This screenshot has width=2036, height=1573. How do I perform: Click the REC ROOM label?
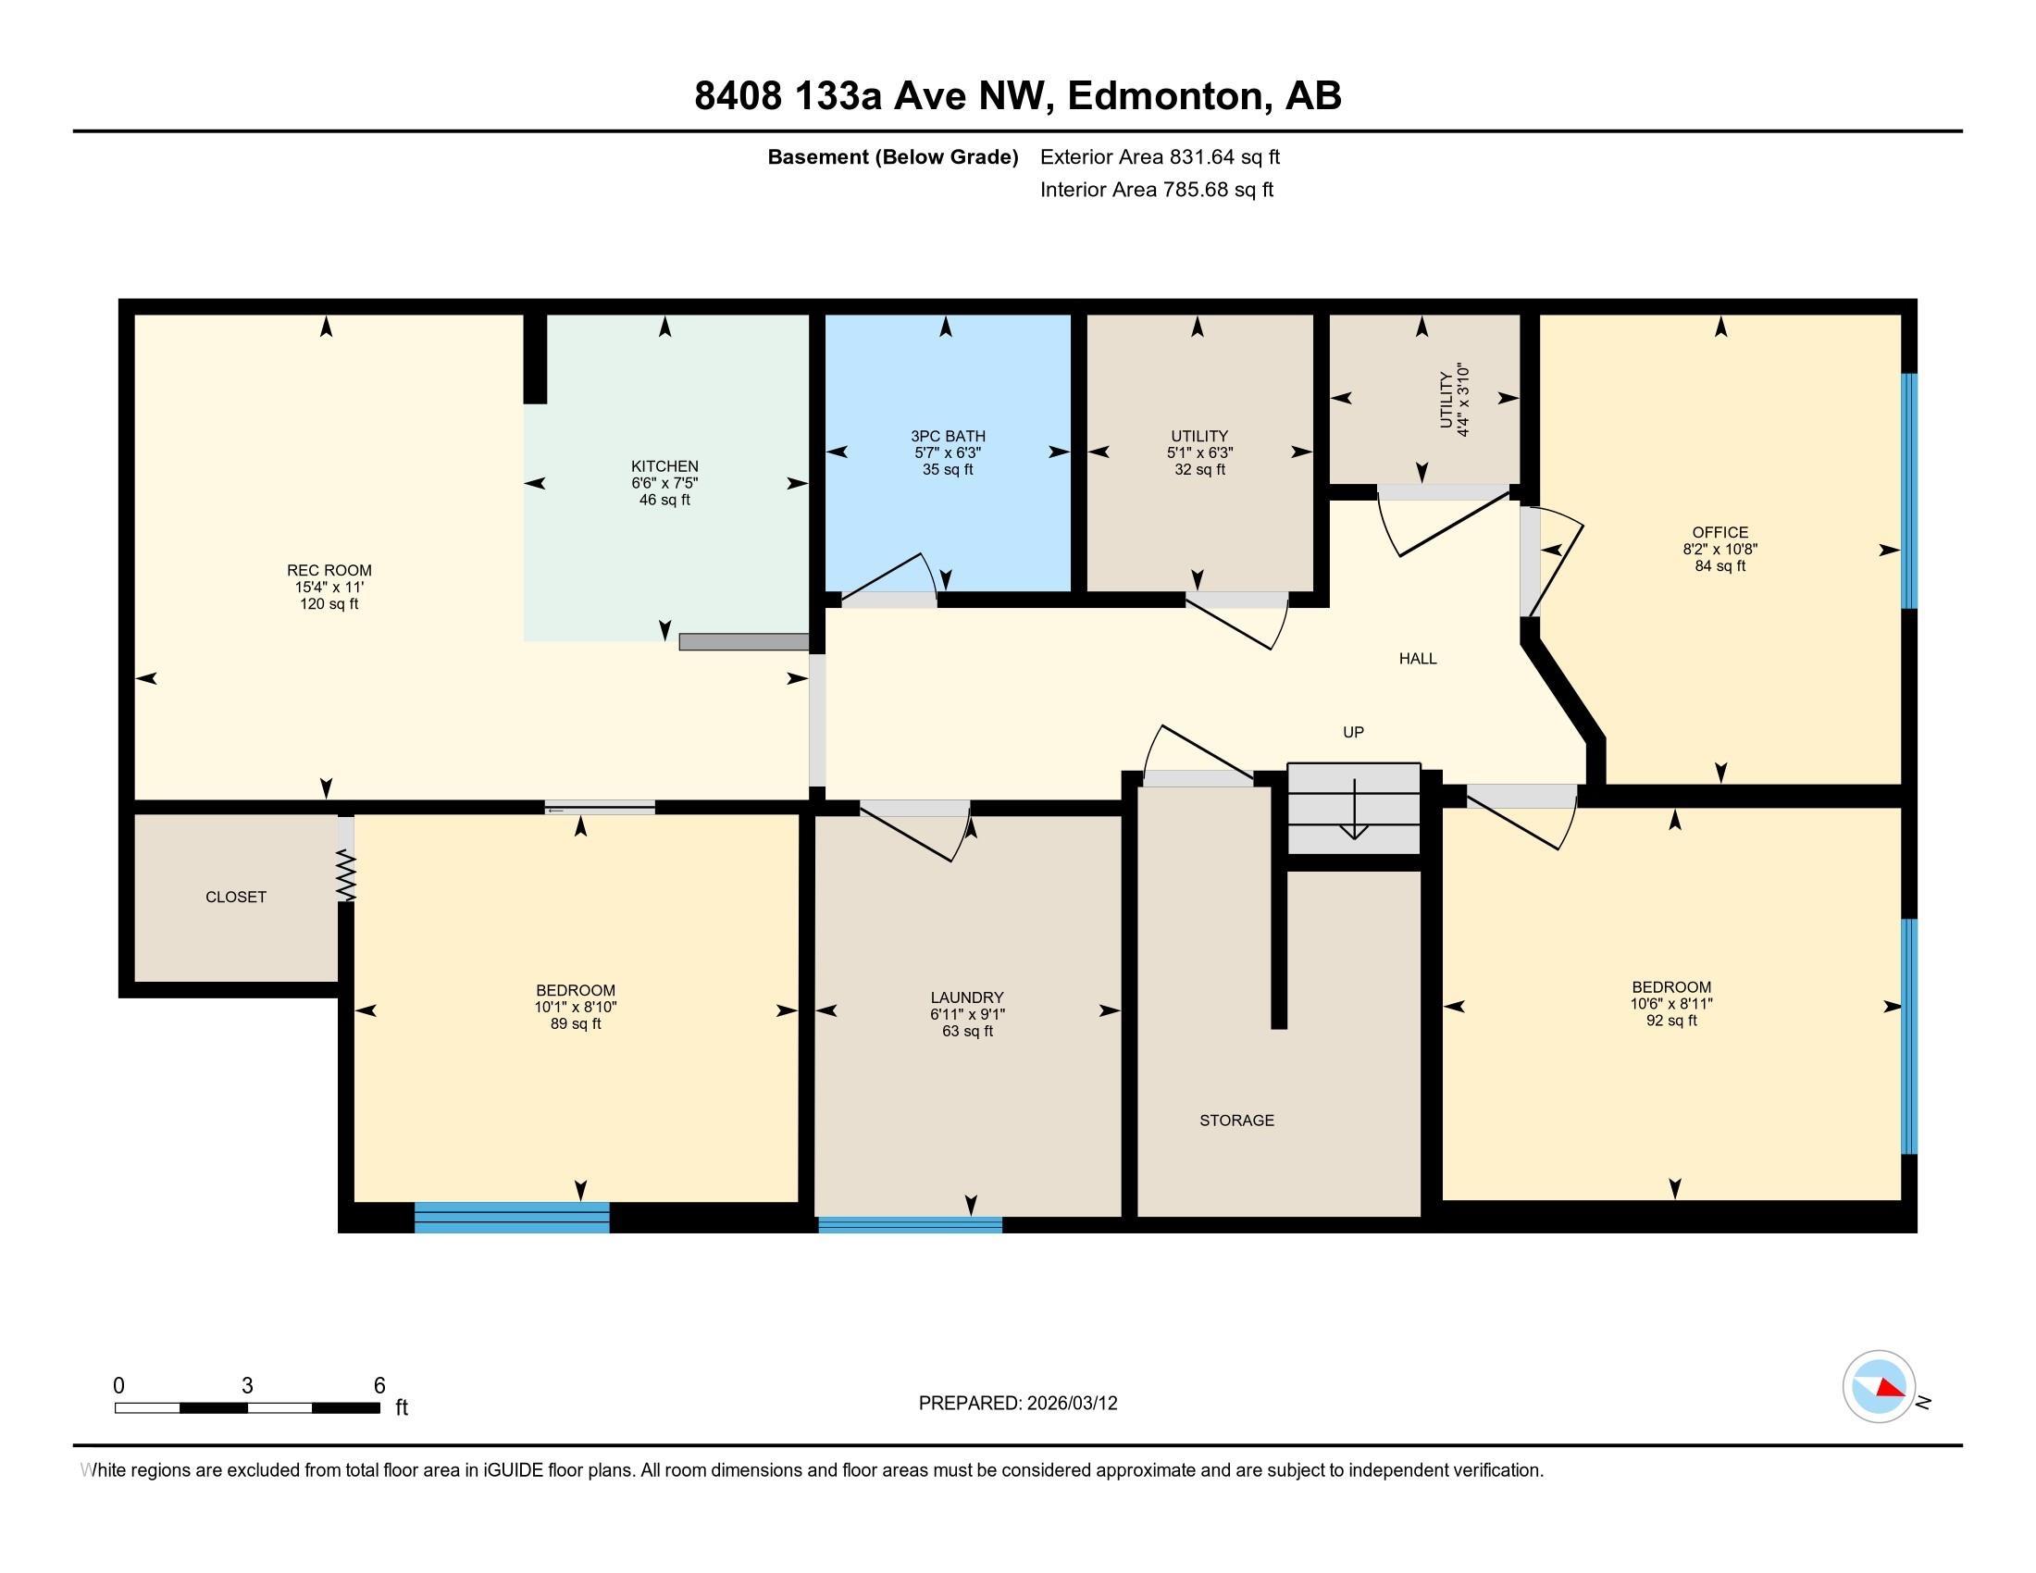click(329, 570)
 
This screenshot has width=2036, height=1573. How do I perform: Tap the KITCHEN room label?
click(664, 466)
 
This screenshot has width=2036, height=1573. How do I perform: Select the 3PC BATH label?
click(948, 436)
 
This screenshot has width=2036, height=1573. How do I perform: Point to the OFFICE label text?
click(1720, 533)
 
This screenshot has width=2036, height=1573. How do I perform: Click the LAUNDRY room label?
click(968, 997)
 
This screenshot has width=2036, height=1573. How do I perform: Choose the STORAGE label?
click(1237, 1121)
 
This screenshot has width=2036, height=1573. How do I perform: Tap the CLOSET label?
click(236, 897)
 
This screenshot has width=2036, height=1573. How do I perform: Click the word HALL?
click(1418, 659)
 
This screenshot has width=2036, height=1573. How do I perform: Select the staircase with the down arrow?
click(1354, 808)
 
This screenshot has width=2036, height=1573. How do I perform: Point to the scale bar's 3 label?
click(247, 1386)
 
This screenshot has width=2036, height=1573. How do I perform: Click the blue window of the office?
click(1909, 491)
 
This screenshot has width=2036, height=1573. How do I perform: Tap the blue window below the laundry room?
click(910, 1224)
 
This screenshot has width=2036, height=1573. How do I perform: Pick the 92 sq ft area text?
click(1671, 1021)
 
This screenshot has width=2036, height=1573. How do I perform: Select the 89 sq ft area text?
click(577, 1024)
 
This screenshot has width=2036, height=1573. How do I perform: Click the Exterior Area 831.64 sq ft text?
click(1160, 156)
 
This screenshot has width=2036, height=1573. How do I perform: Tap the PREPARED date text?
click(1018, 1404)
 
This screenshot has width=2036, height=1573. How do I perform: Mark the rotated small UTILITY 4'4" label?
click(1454, 401)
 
